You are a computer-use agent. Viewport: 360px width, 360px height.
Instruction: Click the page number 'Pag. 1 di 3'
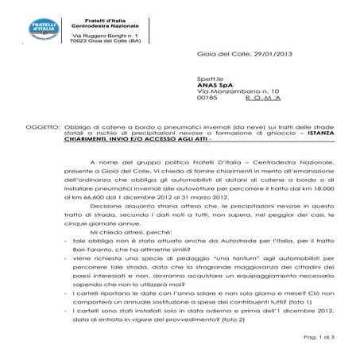tap(326, 338)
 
